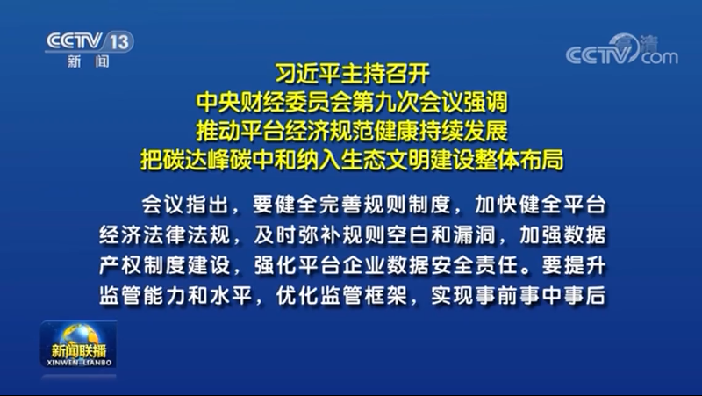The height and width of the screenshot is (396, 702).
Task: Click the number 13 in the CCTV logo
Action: click(119, 42)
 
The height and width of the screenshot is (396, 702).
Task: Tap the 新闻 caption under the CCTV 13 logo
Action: click(89, 61)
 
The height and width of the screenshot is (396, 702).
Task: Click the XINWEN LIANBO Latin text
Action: click(79, 363)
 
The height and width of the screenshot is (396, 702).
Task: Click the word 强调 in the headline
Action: click(485, 102)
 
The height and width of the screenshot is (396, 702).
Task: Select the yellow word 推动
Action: click(218, 131)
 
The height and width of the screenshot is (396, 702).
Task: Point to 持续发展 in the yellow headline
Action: click(463, 131)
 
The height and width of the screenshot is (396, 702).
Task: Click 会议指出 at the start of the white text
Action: click(185, 205)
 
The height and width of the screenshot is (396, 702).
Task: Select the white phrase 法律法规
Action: click(187, 234)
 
